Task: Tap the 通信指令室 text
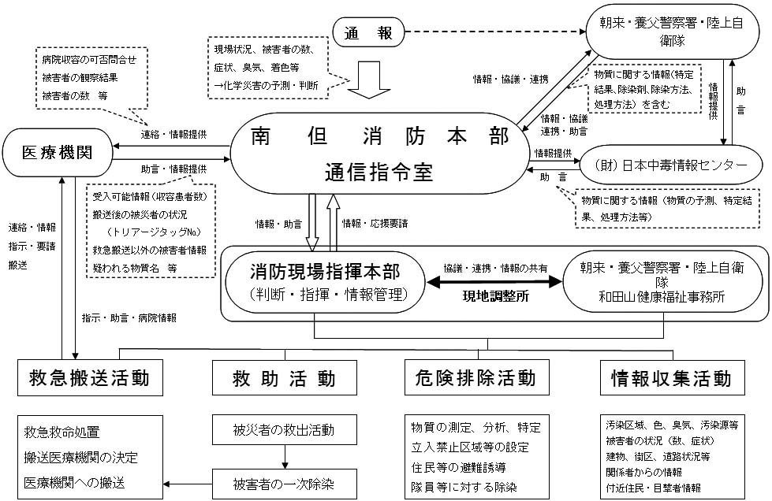tap(379, 172)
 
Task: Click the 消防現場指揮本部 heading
tap(325, 272)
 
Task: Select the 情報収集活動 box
tap(671, 378)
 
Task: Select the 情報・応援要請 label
tap(375, 224)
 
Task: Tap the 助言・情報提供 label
tap(174, 169)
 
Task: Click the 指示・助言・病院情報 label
tap(129, 318)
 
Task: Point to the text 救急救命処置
tap(62, 432)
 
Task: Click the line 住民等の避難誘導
tap(457, 468)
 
